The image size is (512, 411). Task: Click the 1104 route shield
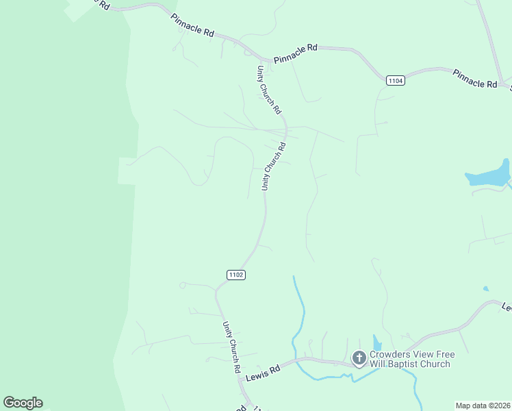(x=396, y=81)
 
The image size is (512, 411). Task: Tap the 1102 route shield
(x=235, y=275)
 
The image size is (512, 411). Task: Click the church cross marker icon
(x=359, y=358)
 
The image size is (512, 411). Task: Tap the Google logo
(x=23, y=403)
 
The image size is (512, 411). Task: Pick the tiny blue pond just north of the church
(x=377, y=342)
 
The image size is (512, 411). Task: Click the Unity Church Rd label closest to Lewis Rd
(x=231, y=347)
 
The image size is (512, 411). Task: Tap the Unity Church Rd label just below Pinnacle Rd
(x=269, y=90)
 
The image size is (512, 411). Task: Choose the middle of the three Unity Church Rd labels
(x=272, y=166)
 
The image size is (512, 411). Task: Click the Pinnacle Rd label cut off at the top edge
(x=94, y=5)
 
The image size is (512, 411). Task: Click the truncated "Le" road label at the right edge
(x=506, y=306)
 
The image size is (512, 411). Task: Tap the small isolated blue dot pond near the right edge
(x=486, y=289)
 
